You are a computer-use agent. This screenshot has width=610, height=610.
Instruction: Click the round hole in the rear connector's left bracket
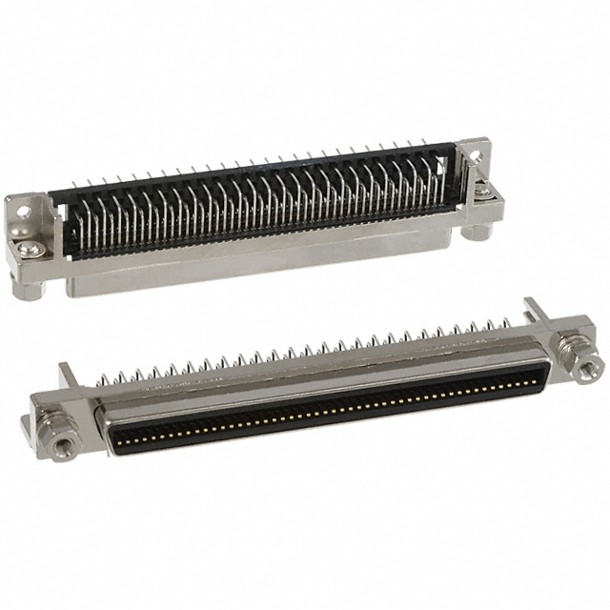pos(24,209)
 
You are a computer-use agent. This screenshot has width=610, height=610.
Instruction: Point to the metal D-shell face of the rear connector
pos(267,262)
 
